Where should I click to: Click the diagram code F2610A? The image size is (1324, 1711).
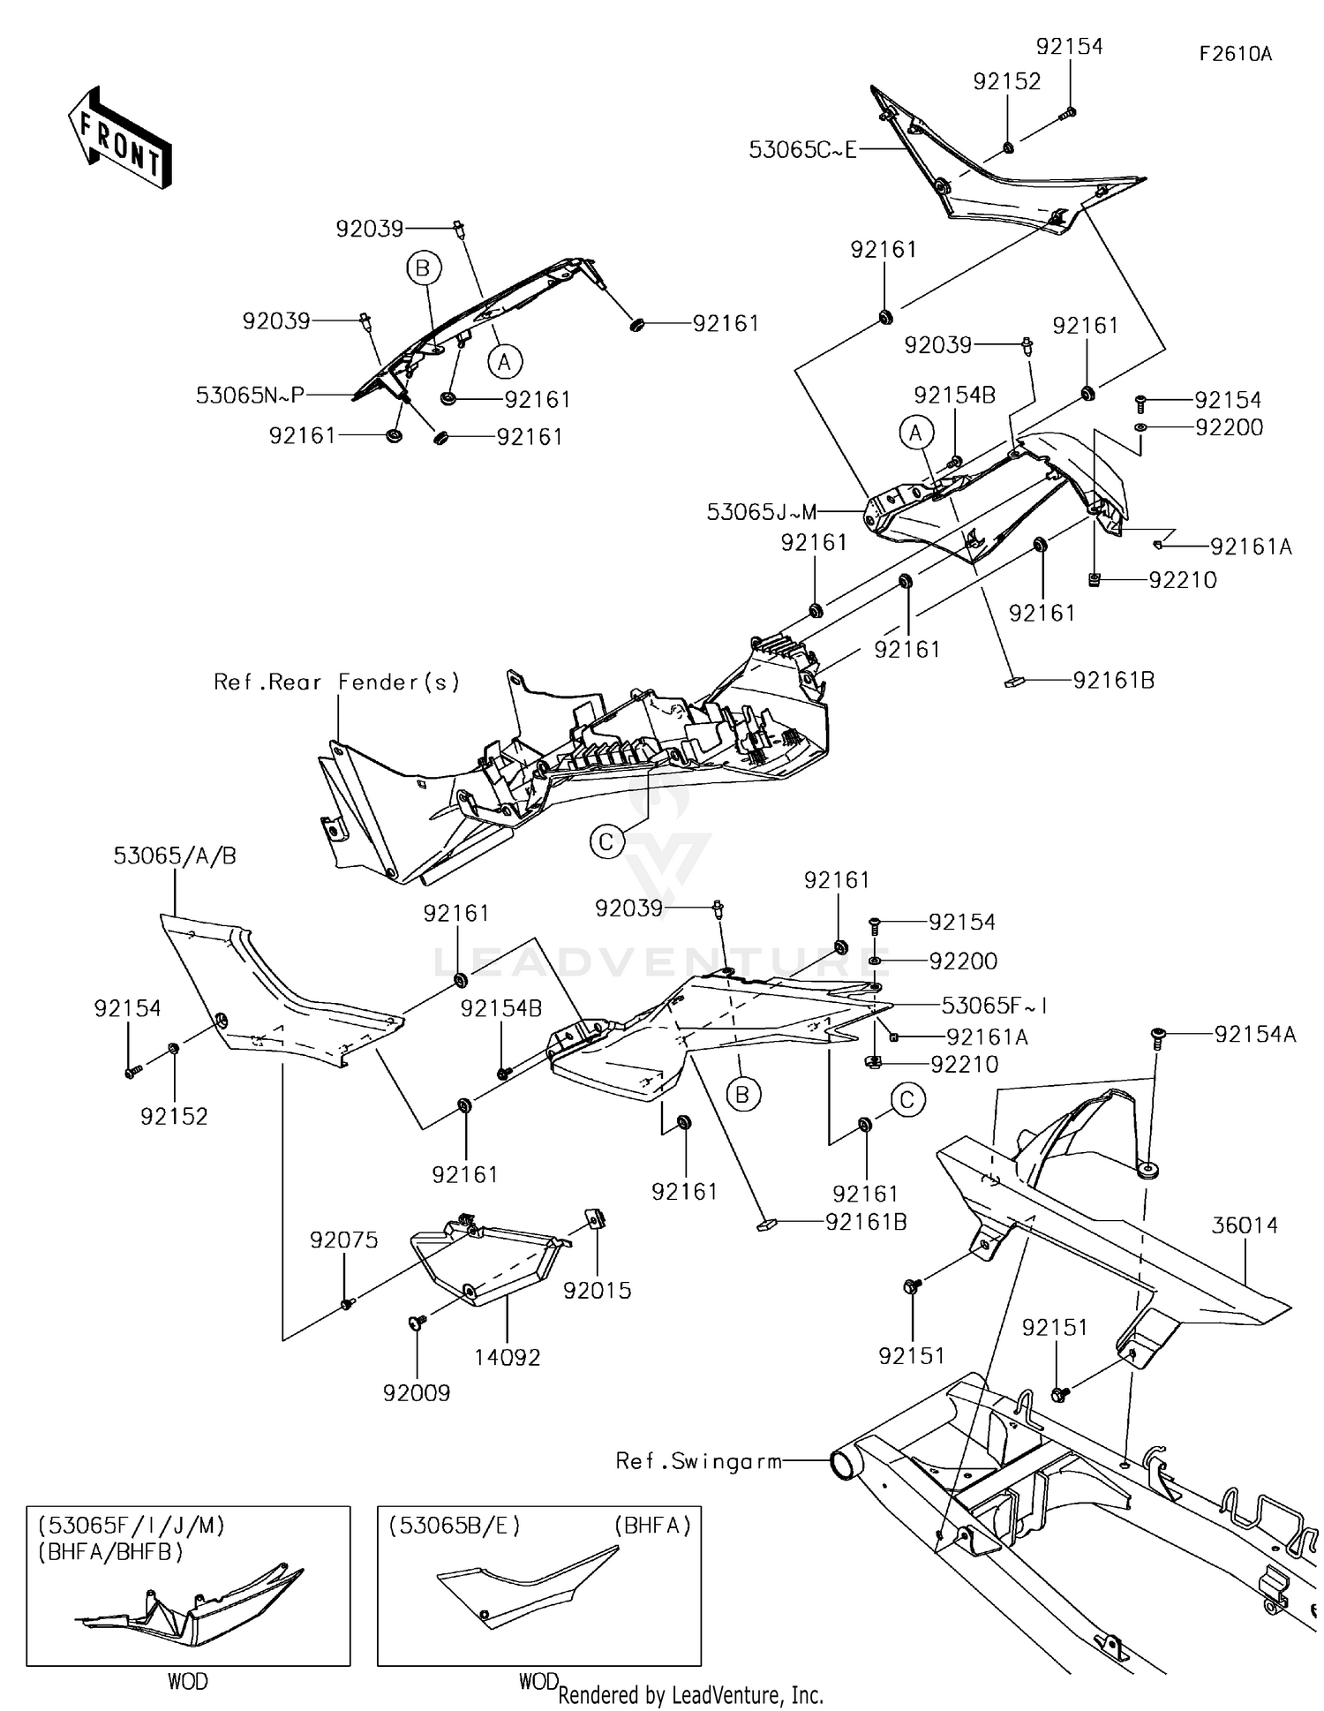(x=1235, y=54)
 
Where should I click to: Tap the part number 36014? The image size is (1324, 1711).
(x=1245, y=1225)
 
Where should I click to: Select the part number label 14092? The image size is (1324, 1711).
(x=507, y=1357)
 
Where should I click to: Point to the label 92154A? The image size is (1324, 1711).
(x=1255, y=1035)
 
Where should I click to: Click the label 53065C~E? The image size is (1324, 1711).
(x=802, y=150)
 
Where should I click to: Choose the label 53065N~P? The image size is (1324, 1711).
(x=250, y=396)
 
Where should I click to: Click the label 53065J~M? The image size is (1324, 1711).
(x=762, y=512)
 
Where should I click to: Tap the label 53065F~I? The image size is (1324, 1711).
(x=994, y=1006)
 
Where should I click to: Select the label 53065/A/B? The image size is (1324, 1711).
(x=175, y=855)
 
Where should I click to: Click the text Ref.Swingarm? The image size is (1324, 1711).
(x=699, y=1461)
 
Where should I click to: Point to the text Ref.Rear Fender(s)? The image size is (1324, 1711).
(x=337, y=682)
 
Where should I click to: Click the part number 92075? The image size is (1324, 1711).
(x=343, y=1240)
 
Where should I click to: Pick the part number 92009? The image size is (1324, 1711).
(x=417, y=1393)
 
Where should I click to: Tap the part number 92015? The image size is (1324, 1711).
(x=598, y=1291)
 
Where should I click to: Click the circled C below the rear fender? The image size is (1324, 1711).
(x=606, y=842)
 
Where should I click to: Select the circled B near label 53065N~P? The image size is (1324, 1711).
(x=423, y=268)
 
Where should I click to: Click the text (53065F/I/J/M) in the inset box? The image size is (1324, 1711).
(x=131, y=1526)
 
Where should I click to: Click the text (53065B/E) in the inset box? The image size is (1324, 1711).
(x=454, y=1526)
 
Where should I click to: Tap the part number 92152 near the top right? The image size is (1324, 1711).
(x=1007, y=81)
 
